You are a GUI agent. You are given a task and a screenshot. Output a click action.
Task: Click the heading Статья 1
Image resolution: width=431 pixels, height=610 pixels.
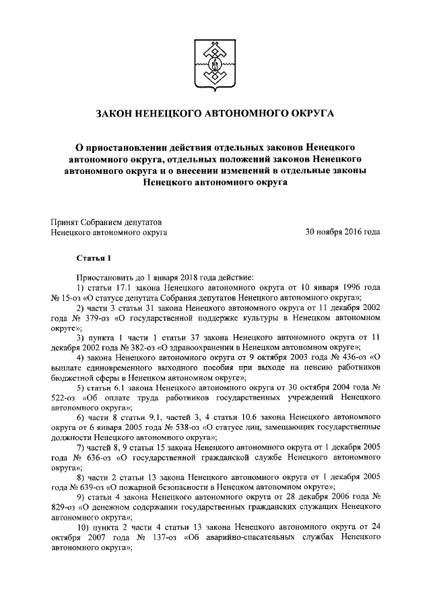(89, 258)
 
